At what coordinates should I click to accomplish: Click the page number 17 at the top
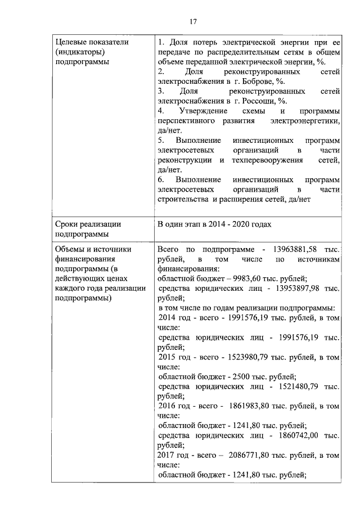(192, 21)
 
